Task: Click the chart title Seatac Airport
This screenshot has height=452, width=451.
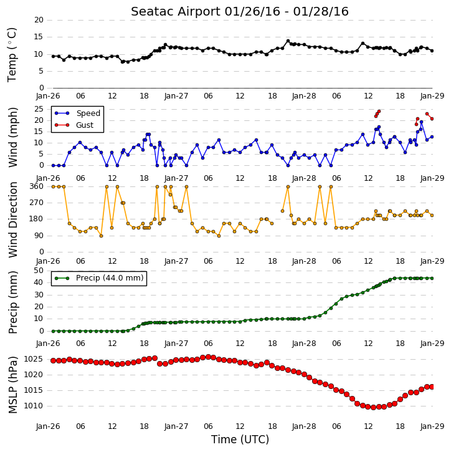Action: point(176,12)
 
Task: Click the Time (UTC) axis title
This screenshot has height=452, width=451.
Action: point(240,440)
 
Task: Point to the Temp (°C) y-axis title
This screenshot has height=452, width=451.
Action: point(12,55)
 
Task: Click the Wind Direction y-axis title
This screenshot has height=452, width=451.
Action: point(13,220)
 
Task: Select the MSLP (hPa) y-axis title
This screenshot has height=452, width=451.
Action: point(13,385)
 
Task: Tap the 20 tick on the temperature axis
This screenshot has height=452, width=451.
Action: point(39,20)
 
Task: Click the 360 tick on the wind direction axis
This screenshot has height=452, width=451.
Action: point(37,186)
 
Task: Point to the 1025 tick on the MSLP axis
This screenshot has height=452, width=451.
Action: point(34,359)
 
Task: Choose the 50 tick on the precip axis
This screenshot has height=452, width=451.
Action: point(39,271)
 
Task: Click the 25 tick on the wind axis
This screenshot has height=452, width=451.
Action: point(39,109)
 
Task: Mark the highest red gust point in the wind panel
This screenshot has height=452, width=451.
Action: point(379,111)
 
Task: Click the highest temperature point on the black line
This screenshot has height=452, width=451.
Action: point(288,41)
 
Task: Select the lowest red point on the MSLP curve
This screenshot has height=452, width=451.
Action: point(374,407)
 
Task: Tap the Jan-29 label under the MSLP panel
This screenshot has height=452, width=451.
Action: point(432,426)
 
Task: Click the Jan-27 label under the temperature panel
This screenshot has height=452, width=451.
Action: point(176,96)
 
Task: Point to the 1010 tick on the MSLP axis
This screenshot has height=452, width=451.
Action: point(34,406)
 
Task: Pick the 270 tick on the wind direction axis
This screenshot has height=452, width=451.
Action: point(37,203)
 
